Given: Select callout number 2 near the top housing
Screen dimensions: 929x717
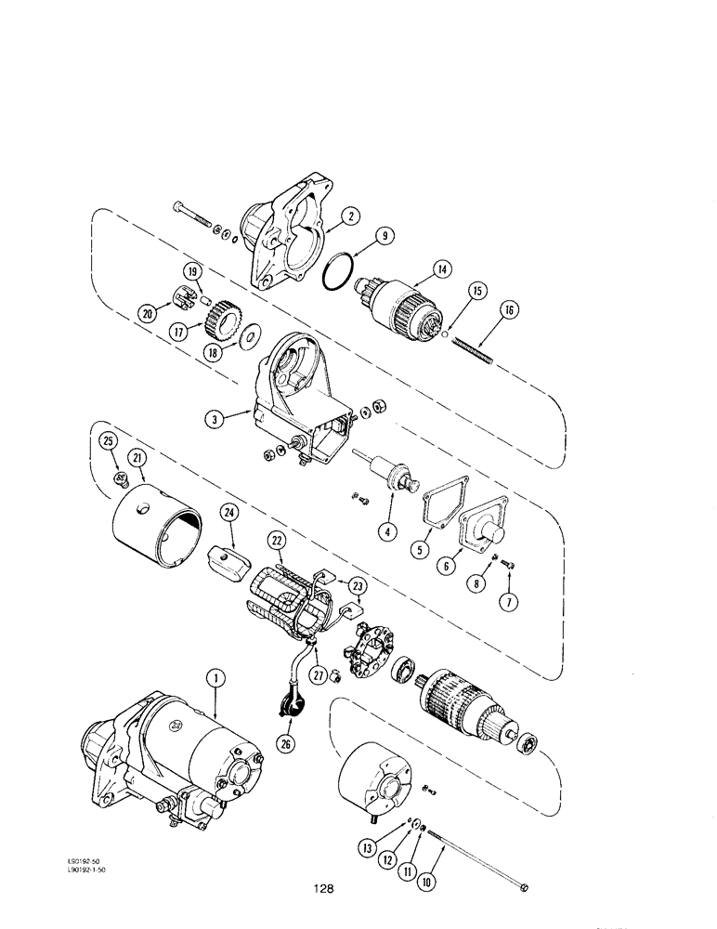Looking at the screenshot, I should coord(350,216).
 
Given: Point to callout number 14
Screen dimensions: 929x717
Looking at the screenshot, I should coord(441,268).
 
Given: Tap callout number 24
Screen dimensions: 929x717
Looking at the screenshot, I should coord(230,511).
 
